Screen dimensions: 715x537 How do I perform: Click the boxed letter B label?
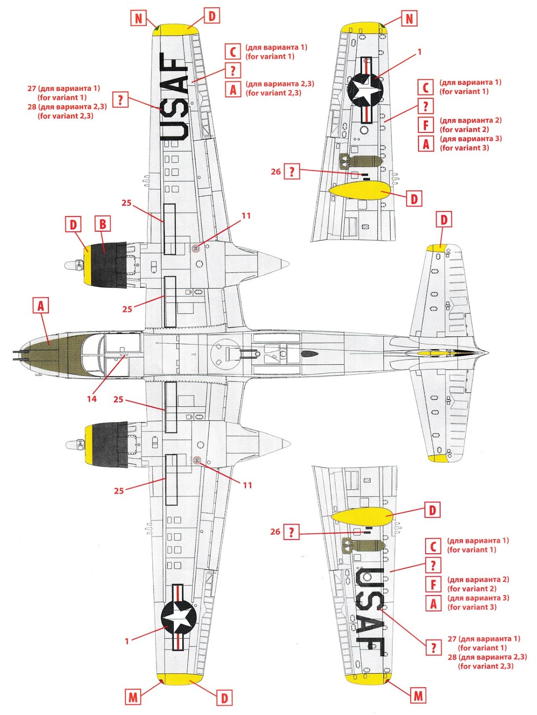click(x=103, y=224)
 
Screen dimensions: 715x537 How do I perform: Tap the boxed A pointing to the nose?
click(x=41, y=306)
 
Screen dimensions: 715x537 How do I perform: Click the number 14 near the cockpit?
click(x=92, y=399)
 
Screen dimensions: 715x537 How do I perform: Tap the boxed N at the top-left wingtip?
click(x=139, y=18)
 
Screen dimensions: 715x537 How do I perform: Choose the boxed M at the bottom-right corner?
click(x=418, y=695)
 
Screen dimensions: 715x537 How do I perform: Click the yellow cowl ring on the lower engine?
click(x=88, y=446)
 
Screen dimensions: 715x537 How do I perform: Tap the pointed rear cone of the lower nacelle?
click(x=281, y=444)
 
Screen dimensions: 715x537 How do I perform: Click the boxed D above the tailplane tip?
click(x=444, y=220)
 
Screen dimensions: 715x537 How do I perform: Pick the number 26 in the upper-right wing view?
click(x=276, y=172)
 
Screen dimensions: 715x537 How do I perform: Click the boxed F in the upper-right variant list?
click(x=426, y=125)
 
